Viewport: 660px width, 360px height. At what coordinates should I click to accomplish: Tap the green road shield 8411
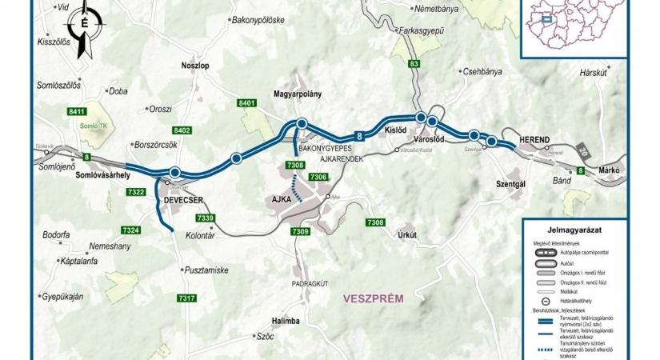(78, 111)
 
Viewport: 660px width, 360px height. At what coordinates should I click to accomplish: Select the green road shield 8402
(182, 130)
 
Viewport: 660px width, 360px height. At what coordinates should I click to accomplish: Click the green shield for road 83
(413, 63)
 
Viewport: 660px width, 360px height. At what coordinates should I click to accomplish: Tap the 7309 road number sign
(300, 231)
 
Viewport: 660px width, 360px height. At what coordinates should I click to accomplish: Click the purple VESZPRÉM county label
(373, 299)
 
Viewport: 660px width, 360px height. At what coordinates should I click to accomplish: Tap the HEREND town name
(534, 140)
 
